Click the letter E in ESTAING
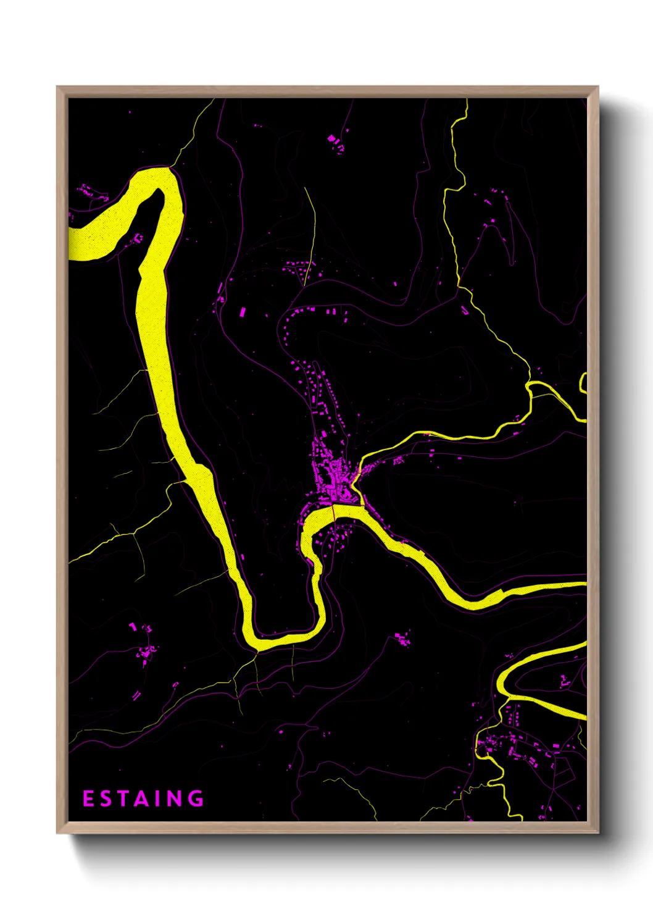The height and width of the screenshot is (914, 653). pos(88,799)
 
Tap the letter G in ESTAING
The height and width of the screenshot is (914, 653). pos(196,799)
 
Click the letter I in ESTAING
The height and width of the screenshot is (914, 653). pos(159,799)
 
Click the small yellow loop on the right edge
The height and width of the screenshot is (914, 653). pos(582,383)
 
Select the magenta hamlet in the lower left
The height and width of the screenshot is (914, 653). pos(146,648)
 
